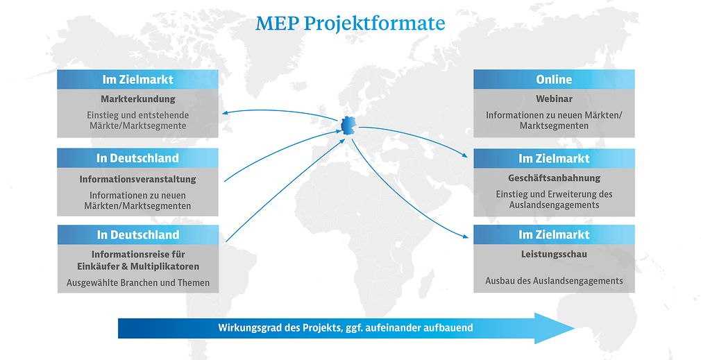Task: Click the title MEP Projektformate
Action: coord(350,24)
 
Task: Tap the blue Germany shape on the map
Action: coord(348,125)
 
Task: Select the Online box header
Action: coord(554,80)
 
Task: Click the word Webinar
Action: coord(554,98)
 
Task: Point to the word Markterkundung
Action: coord(137,98)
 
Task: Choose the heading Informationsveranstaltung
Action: coord(137,179)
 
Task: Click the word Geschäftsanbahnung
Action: coord(554,178)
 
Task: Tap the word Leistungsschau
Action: coord(554,254)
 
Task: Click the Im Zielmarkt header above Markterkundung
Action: coord(137,80)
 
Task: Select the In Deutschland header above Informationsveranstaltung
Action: coord(137,158)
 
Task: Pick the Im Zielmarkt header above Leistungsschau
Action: coord(554,235)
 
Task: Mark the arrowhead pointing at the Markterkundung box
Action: coord(226,112)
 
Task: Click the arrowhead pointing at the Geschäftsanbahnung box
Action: coord(464,156)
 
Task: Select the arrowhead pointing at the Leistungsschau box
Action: coord(465,237)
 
